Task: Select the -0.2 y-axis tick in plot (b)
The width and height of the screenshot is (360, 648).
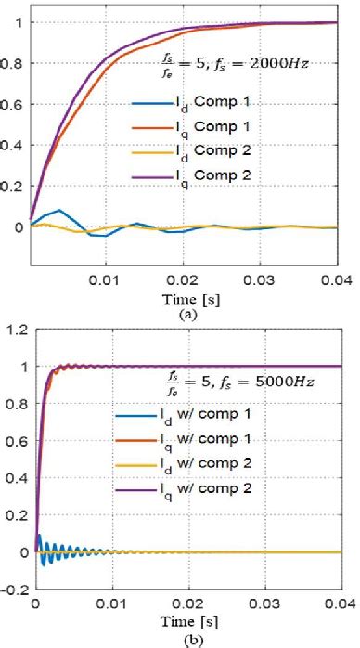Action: (x=13, y=589)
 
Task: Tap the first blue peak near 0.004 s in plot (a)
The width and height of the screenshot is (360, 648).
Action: (x=59, y=211)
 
